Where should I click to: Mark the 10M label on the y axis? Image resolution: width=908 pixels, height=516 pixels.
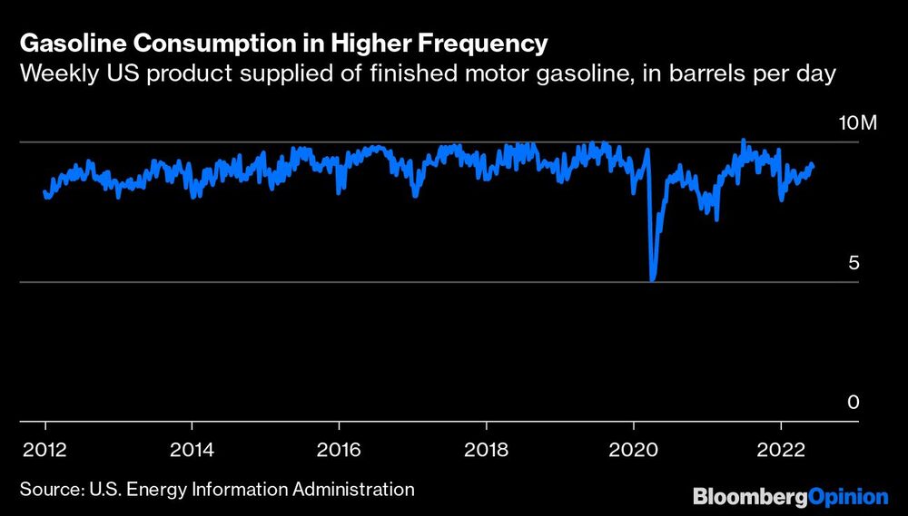point(857,123)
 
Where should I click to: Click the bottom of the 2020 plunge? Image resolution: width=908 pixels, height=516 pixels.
point(653,279)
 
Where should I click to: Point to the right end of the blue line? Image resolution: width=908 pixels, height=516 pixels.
point(813,165)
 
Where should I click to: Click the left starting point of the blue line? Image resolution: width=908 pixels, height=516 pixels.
point(45,192)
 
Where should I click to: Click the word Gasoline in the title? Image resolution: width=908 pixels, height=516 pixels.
point(63,44)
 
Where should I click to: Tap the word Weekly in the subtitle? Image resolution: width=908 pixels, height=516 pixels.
point(54,74)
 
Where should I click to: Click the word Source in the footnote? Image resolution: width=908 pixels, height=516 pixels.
point(50,490)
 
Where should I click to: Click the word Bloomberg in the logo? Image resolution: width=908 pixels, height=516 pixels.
point(749,496)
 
